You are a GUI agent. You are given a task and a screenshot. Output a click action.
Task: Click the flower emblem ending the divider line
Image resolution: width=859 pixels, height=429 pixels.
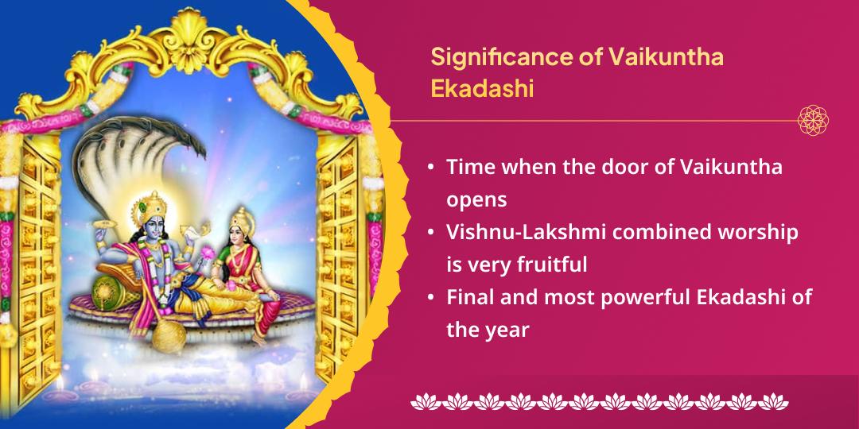(813, 121)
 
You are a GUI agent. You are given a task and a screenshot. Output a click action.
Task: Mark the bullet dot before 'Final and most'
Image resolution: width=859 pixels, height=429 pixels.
(430, 296)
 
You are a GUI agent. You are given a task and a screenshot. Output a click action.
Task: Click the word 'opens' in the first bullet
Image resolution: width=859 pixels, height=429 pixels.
(476, 199)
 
